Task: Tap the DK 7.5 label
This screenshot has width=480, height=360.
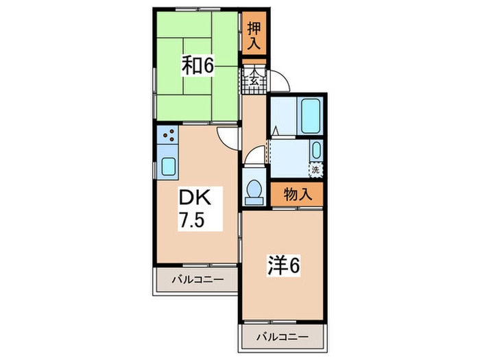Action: [195, 208]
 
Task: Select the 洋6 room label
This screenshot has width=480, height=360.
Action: [284, 265]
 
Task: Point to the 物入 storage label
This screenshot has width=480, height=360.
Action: [298, 194]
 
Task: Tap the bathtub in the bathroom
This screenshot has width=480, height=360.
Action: [311, 115]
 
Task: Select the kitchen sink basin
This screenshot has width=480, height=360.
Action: [169, 167]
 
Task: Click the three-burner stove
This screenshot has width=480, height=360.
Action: [168, 135]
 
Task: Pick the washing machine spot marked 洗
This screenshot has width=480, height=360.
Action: [316, 169]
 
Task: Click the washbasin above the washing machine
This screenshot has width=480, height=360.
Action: [316, 151]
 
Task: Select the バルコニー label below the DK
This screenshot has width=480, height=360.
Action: [197, 280]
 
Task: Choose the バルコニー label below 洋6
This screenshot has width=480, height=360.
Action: [283, 337]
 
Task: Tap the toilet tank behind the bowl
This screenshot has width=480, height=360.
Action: [254, 201]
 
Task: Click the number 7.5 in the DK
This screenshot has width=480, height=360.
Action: [191, 220]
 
